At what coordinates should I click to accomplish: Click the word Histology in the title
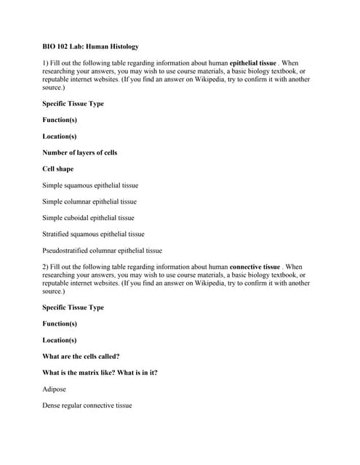click(x=120, y=46)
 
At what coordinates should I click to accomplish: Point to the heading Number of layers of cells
click(x=79, y=153)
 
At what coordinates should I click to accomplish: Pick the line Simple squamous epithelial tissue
click(x=90, y=185)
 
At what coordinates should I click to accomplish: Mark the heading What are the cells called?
click(x=81, y=356)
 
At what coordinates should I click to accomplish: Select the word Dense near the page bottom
click(x=52, y=405)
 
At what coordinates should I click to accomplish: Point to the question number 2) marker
click(x=46, y=267)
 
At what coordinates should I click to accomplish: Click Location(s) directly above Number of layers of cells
click(x=60, y=136)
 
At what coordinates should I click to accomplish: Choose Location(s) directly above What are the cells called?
click(x=60, y=340)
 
